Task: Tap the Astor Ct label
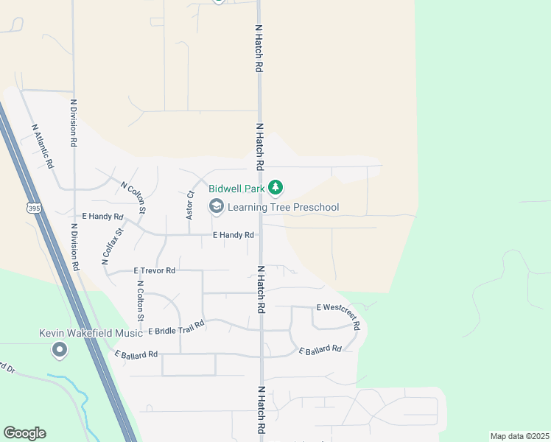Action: pos(190,205)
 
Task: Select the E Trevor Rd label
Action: pos(155,271)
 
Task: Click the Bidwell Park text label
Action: pos(236,189)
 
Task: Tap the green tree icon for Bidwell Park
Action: pos(275,188)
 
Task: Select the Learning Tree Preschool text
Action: pos(283,207)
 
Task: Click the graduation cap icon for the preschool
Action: pos(217,207)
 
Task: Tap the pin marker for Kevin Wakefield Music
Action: pos(60,350)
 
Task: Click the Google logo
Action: pos(24,433)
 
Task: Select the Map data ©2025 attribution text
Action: pos(519,436)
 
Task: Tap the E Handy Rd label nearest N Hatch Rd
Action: pos(234,235)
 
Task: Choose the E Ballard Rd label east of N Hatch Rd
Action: pos(320,348)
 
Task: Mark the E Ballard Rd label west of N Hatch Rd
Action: pos(136,354)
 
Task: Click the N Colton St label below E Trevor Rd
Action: pos(139,302)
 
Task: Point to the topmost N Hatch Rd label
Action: pos(259,46)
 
